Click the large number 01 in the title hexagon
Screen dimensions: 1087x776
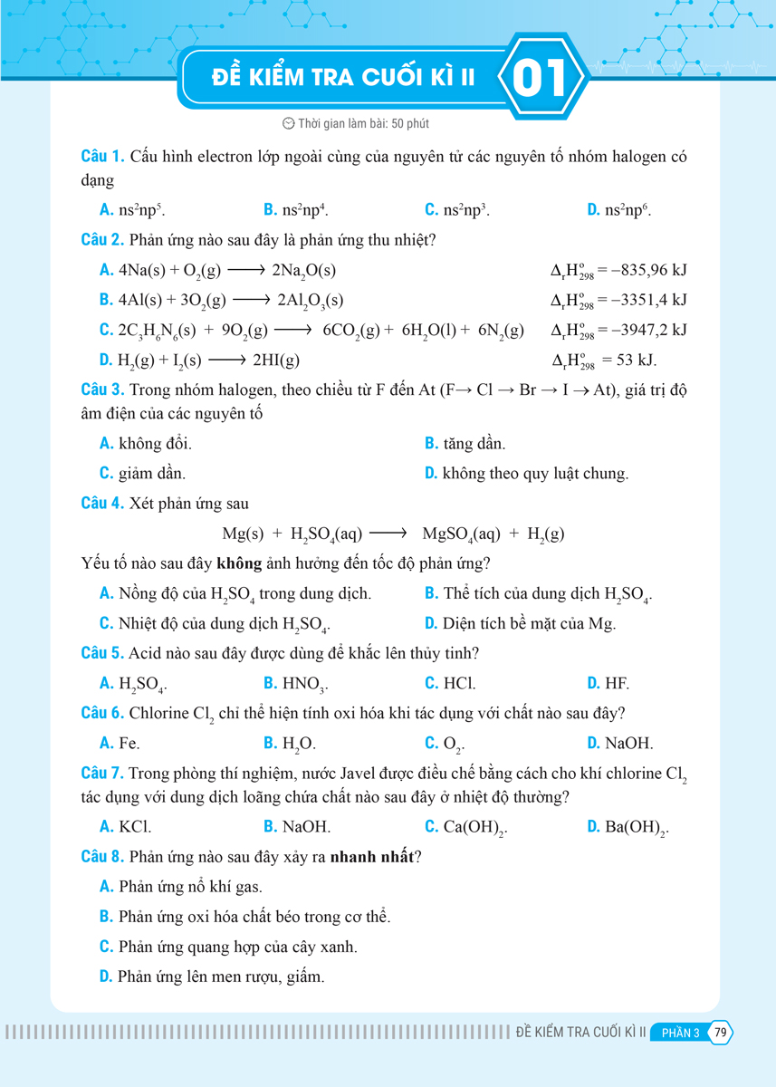click(x=541, y=79)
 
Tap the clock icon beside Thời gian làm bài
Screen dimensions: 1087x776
click(x=289, y=123)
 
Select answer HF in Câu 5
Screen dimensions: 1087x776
click(x=617, y=683)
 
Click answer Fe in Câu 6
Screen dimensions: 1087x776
click(x=129, y=743)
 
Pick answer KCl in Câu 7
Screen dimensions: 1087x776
click(x=134, y=827)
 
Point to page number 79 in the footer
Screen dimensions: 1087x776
click(x=721, y=1033)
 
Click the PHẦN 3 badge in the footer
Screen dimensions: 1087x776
click(x=681, y=1033)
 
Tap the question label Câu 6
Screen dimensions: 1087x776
click(x=101, y=713)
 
